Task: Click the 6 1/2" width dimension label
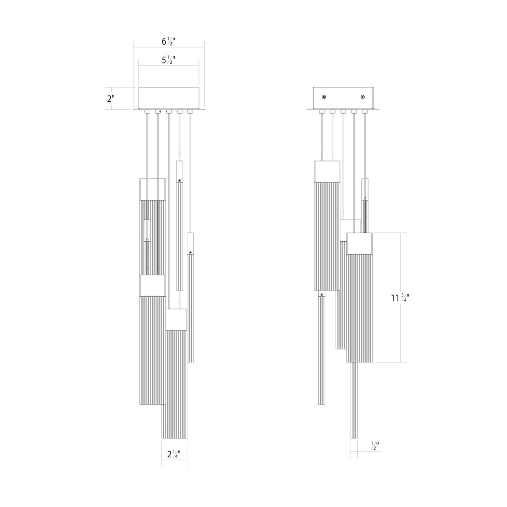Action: point(169,41)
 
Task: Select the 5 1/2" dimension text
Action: point(169,60)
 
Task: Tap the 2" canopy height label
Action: point(111,99)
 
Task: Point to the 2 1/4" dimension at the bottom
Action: point(174,454)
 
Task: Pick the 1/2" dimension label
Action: point(375,446)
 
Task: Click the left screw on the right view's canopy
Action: point(324,97)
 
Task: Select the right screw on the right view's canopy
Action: point(362,97)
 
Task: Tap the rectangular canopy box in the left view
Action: point(169,98)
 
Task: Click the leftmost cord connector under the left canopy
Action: point(147,112)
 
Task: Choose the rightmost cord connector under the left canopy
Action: point(190,112)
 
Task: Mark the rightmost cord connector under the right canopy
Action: point(364,112)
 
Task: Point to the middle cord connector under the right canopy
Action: point(343,112)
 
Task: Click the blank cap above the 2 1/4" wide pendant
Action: point(176,319)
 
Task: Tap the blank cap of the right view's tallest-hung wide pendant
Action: point(327,172)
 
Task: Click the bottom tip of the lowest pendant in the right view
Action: point(353,437)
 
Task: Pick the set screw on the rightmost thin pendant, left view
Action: point(190,253)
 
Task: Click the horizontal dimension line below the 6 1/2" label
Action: point(169,47)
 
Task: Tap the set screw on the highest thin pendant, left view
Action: point(179,180)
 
